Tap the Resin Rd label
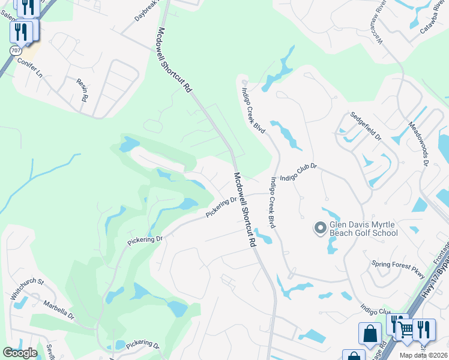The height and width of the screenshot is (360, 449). click(82, 89)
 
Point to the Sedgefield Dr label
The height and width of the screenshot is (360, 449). click(366, 127)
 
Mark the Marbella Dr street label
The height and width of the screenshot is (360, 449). click(59, 310)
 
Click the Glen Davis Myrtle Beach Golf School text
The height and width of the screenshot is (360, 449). click(364, 228)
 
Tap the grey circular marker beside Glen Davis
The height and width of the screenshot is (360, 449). click(320, 227)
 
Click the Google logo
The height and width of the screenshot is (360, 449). click(20, 353)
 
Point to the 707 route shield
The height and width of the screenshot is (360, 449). click(14, 50)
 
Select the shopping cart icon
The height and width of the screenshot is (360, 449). click(406, 329)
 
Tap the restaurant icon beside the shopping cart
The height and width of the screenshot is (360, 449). click(424, 329)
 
